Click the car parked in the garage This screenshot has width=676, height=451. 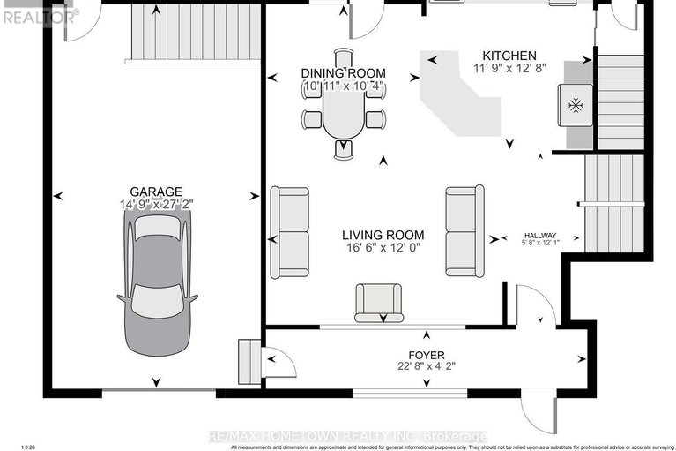(x=157, y=283)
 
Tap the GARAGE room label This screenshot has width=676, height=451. (x=156, y=192)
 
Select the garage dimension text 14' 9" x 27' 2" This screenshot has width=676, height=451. (x=156, y=205)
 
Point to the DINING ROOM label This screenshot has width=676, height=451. (x=343, y=73)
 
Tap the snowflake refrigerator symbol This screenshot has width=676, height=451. (x=575, y=106)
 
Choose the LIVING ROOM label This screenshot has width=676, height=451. (x=383, y=236)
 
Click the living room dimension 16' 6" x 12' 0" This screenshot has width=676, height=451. (x=383, y=249)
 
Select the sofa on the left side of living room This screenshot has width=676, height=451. (x=290, y=230)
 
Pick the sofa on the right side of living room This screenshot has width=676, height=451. (x=464, y=230)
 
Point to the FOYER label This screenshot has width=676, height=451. (x=426, y=355)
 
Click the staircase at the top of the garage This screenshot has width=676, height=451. (x=196, y=34)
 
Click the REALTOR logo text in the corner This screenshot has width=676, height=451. (x=39, y=14)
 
